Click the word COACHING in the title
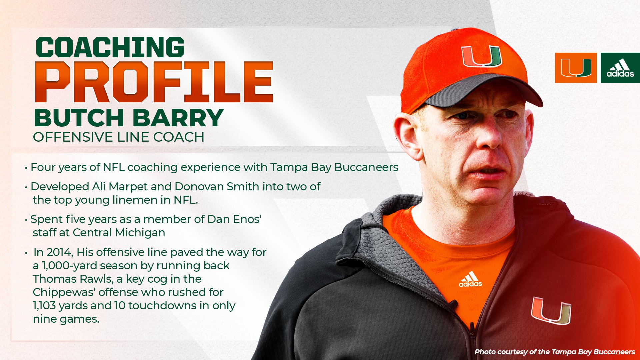(110, 47)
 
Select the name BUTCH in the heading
(79, 118)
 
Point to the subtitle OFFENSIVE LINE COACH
(119, 137)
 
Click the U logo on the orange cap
(481, 56)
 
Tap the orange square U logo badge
(576, 68)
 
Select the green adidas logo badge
(620, 68)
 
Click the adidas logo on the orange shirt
(470, 280)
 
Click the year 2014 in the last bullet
(60, 252)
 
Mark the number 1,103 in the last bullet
(44, 306)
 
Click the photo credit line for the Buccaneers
(555, 352)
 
